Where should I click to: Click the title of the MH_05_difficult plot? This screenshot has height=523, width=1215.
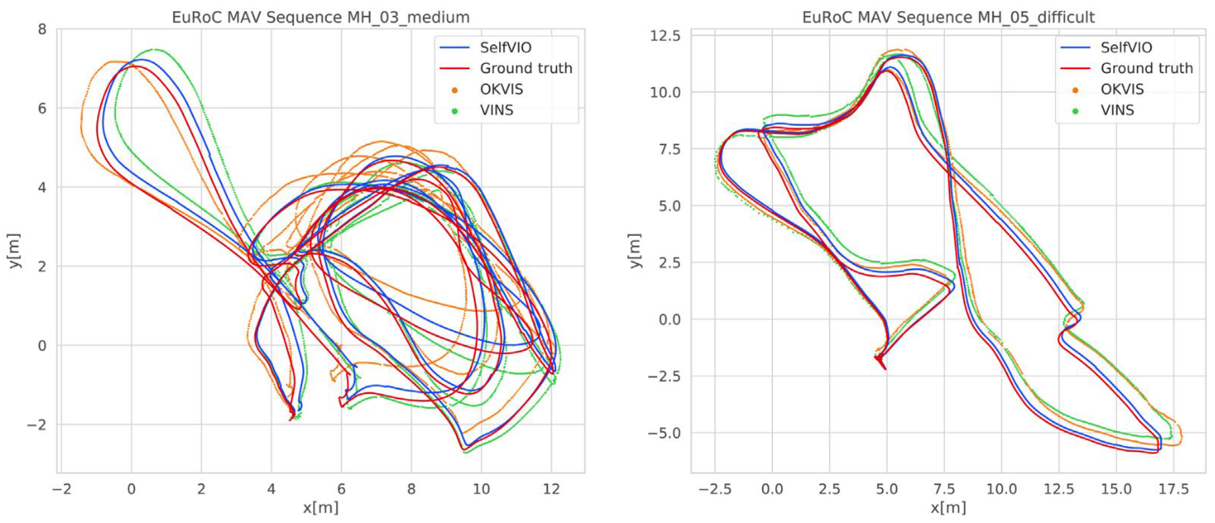coord(948,17)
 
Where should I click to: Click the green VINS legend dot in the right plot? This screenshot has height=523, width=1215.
coord(1075,111)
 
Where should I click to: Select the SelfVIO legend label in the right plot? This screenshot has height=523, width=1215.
coord(1126,48)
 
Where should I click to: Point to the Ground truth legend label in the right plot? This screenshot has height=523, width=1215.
coord(1146,68)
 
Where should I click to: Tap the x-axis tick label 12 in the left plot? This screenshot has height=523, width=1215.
coord(551,489)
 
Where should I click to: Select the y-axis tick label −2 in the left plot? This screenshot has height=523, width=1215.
coord(37,424)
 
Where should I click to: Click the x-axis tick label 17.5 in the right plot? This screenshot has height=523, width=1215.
coord(1173,489)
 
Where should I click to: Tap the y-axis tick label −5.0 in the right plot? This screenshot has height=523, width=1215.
coord(664,433)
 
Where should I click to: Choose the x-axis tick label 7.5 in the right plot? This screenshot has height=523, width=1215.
coord(944,489)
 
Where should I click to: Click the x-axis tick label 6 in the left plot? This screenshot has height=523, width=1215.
coord(341,489)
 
